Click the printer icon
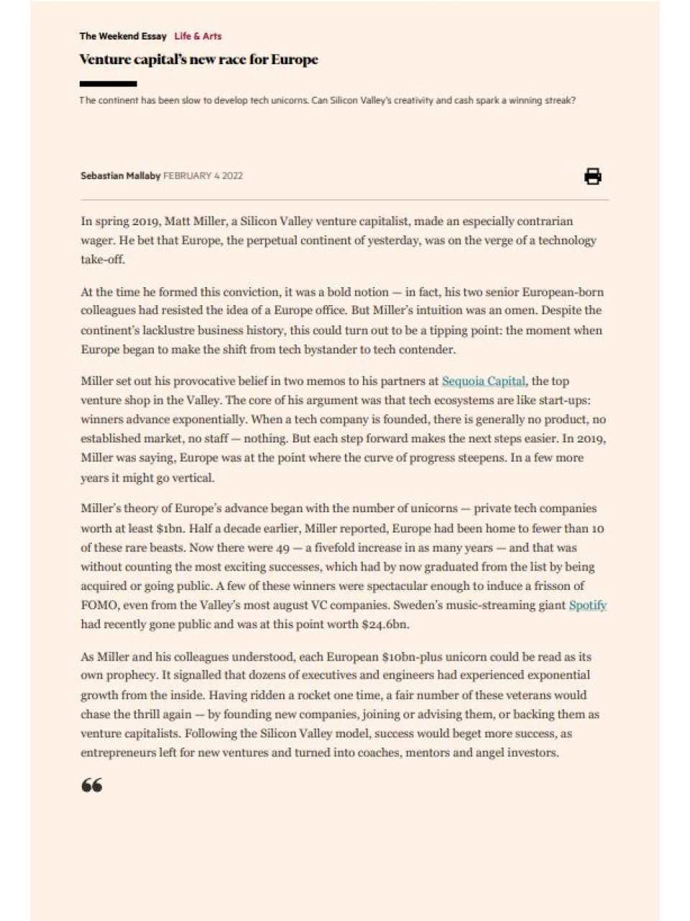592,176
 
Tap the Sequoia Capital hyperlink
483,381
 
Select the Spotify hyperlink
587,605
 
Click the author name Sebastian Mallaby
120,176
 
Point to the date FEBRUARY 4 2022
203,176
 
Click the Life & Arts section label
198,36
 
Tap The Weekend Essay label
123,36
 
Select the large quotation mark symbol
91,785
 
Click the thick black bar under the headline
108,83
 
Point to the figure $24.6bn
385,625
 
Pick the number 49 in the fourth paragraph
282,548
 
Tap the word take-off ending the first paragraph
102,260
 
